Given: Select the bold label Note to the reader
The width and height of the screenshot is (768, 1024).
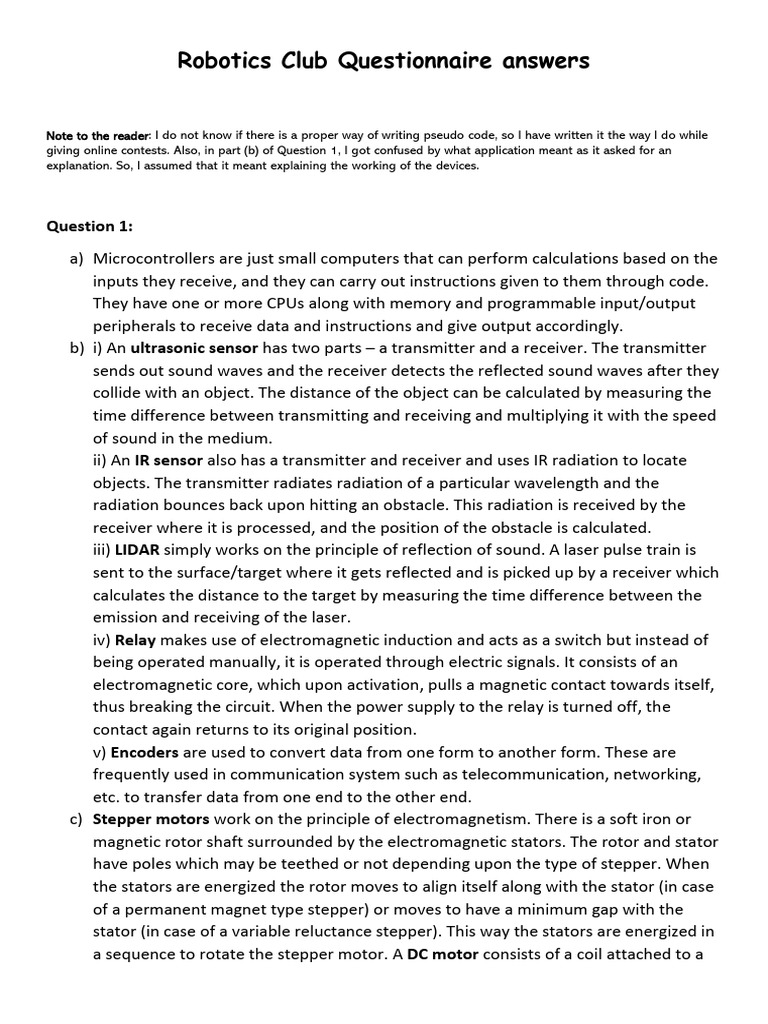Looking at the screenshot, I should click(98, 135).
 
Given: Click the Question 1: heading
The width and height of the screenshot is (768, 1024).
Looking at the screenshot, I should click(90, 226).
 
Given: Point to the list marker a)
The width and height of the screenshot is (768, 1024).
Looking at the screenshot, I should click(77, 258).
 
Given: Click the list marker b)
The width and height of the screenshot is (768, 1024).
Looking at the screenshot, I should click(77, 348).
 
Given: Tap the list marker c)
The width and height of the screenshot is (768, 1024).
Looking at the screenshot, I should click(77, 819).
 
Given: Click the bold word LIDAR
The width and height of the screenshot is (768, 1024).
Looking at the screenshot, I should click(137, 550).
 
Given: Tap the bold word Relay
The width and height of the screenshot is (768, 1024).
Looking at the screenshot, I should click(135, 640).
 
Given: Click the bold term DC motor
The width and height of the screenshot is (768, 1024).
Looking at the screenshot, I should click(442, 954).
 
